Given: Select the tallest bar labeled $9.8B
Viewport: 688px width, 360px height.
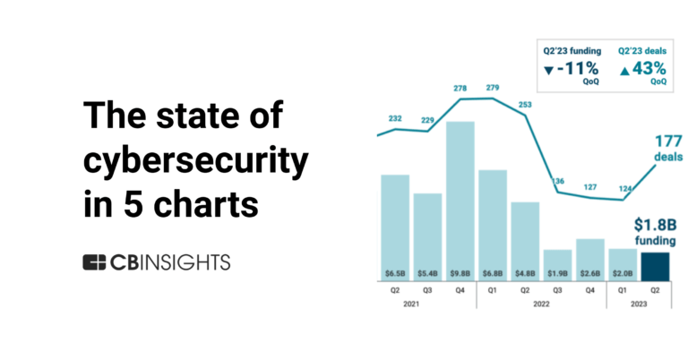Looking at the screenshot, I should (460, 197).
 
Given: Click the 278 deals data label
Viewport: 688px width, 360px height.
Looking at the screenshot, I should (460, 88).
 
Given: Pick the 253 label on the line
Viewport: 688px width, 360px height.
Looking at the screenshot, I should (524, 104).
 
